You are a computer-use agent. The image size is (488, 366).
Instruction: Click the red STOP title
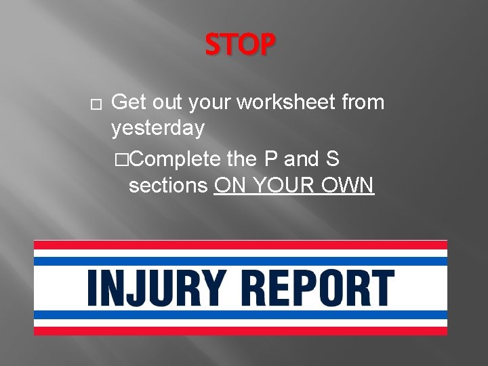point(241,45)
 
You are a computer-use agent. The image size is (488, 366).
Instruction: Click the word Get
point(129,103)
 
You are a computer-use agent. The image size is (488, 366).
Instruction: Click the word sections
point(167,185)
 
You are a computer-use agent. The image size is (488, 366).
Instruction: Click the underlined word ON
point(228,185)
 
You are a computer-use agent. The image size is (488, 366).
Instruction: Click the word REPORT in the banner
point(318,287)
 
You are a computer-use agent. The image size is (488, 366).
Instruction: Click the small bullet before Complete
point(121,161)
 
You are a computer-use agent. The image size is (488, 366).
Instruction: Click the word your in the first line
point(210,103)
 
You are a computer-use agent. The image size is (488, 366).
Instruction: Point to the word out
point(167,103)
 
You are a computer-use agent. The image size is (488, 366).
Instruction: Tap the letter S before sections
point(331,160)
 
